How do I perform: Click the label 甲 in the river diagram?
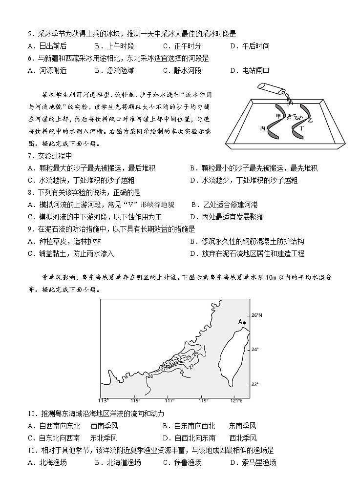tap(279, 116)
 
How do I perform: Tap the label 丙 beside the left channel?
tap(263, 128)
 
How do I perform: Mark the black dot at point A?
tap(244, 323)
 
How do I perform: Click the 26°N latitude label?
tap(257, 315)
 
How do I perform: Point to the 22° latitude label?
tap(255, 384)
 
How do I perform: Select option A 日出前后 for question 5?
tap(47, 46)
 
